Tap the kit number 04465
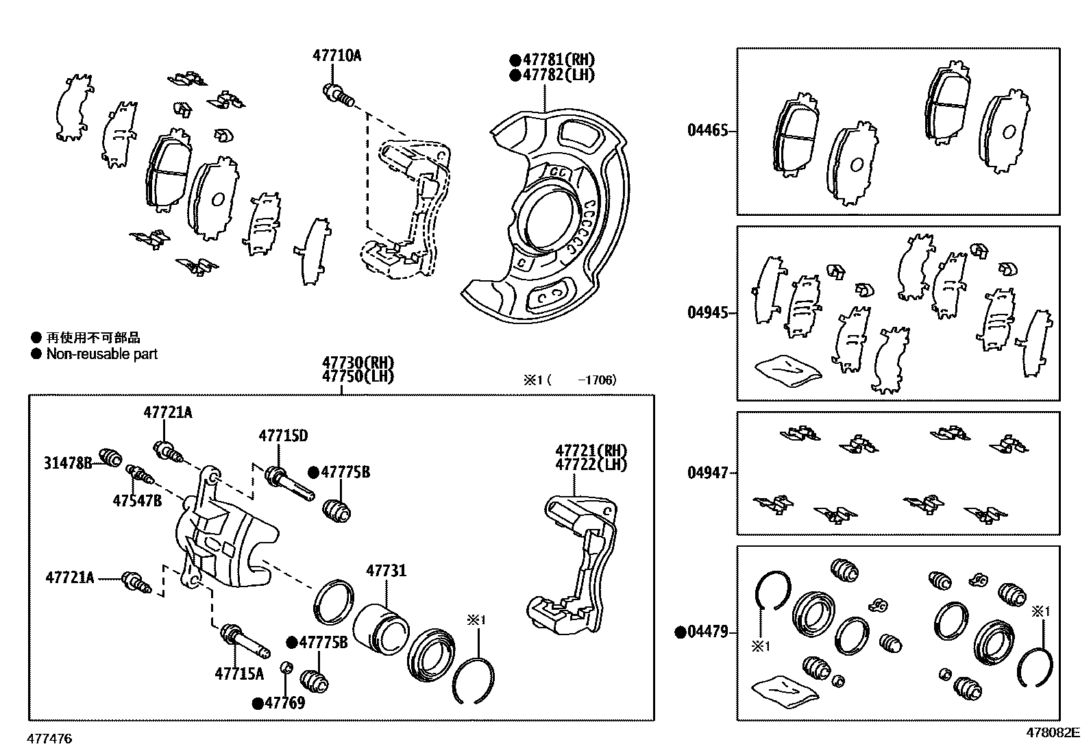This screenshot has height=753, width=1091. (707, 130)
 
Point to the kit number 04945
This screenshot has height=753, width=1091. (707, 312)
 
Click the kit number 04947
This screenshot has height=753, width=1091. (707, 473)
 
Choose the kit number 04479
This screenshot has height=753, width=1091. (707, 632)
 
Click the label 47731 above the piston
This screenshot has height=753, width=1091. (386, 571)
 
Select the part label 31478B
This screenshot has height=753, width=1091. (68, 463)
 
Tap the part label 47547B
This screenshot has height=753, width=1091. (137, 501)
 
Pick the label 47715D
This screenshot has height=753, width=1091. (283, 436)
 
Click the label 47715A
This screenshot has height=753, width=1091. (239, 674)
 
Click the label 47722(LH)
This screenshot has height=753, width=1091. (591, 465)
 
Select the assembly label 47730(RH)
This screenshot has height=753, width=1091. (358, 362)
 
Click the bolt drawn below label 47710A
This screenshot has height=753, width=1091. (337, 95)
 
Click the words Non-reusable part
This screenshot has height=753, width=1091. (101, 354)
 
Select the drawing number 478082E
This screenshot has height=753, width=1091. (1052, 732)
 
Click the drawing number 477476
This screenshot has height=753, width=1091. (49, 739)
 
